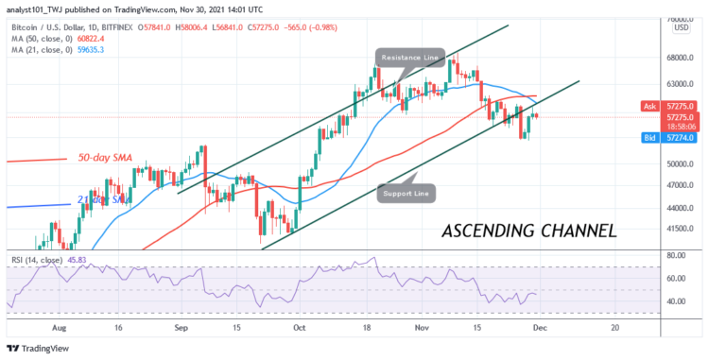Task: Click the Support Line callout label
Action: click(407, 195)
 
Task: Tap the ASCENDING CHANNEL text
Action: click(529, 230)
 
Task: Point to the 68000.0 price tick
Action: click(680, 57)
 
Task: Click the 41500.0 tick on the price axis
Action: click(680, 229)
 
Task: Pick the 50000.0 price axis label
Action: click(680, 163)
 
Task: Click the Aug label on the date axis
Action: click(61, 327)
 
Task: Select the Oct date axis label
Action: click(300, 327)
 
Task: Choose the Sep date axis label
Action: click(180, 327)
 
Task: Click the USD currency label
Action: click(680, 28)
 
